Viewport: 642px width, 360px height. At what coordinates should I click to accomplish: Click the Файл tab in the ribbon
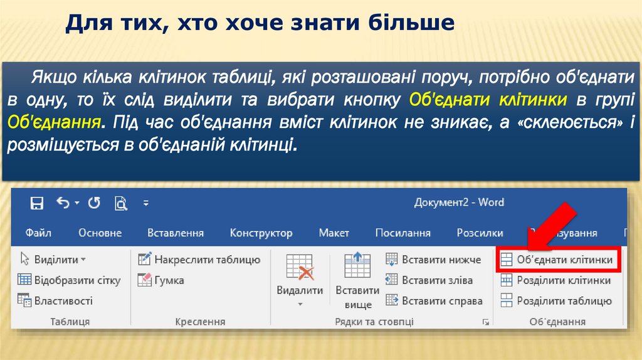(38, 233)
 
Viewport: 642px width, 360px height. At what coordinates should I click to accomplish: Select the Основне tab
(100, 233)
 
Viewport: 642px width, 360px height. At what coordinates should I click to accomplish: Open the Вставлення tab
(176, 233)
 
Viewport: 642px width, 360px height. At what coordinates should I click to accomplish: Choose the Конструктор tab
(261, 233)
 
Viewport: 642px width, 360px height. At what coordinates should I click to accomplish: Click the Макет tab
(334, 233)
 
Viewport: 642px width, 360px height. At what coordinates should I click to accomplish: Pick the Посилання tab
(403, 233)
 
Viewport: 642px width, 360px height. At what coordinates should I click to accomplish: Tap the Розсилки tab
(480, 233)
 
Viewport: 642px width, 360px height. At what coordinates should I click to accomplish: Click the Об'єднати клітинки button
(558, 260)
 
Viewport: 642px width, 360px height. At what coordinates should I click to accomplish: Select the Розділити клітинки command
(555, 280)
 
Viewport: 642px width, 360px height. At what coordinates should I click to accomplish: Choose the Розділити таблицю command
(555, 301)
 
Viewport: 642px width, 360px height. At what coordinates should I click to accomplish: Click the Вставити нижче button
(434, 260)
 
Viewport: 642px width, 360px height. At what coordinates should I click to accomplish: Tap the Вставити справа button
(434, 301)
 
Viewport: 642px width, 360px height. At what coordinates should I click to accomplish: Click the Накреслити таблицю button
(199, 260)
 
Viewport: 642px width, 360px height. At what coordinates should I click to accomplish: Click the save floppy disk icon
(37, 203)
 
